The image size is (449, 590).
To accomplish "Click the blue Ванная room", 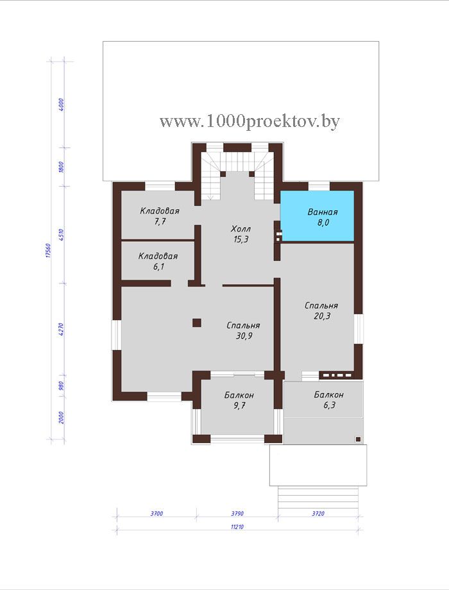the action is coord(318,215).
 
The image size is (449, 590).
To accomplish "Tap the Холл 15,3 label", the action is coord(241,234).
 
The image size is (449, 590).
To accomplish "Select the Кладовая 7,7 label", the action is coord(160,216).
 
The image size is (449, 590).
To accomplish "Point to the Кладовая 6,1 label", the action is coord(158,262).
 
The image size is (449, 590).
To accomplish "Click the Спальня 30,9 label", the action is coord(244,330).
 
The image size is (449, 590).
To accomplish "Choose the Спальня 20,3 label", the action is coord(321,311).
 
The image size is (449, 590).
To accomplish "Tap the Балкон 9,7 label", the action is coord(239,400).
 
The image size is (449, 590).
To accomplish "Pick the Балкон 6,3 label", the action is coord(329,400).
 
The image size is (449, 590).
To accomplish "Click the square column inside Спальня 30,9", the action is coord(196,323).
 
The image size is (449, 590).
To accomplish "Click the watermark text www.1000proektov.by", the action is coord(250,121).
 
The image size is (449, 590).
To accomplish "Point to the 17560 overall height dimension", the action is coord(48,250).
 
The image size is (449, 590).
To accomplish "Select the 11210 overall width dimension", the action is coord(237,527).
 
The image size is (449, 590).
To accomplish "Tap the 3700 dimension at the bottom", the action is coord(157,513).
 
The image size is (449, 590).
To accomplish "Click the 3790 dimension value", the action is coord(237,513).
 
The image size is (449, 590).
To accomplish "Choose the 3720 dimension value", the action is coord(318,513).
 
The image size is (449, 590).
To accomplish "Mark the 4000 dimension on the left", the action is coord(62,105).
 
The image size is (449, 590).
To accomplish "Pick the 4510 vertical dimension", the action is coord(62,234).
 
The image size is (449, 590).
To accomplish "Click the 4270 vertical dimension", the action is coord(62,329).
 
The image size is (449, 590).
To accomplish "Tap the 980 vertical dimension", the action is coord(62,385).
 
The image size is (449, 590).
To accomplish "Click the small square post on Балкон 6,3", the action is coord(359,439).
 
